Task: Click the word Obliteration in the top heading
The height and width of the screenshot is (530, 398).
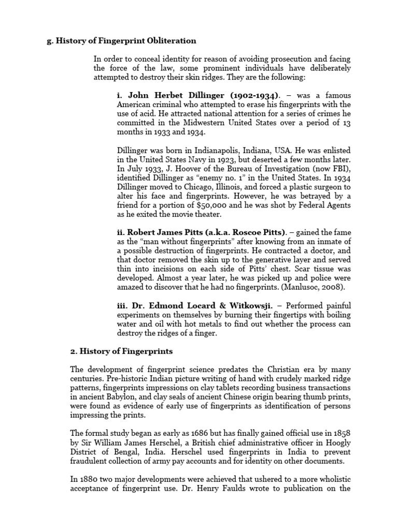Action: (x=171, y=40)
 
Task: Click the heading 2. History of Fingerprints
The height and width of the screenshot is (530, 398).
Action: (x=121, y=351)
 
